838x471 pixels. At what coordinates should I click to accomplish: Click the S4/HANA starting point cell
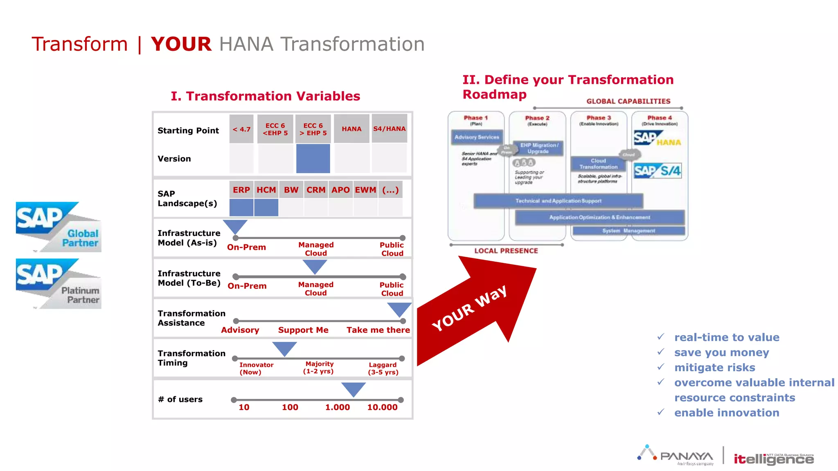point(389,129)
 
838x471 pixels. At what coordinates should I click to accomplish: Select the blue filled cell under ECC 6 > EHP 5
point(313,158)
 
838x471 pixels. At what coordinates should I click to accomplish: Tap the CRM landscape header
point(316,190)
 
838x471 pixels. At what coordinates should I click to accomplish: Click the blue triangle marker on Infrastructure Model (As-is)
point(235,226)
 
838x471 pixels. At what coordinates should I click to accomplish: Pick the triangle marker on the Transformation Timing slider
point(284,348)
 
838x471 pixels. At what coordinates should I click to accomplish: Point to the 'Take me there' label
point(378,330)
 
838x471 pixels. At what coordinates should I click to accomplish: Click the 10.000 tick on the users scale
point(382,407)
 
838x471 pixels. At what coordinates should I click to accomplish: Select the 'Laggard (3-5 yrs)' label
point(383,368)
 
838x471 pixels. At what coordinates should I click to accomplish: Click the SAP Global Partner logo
point(59,227)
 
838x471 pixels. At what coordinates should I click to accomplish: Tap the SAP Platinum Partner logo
point(59,283)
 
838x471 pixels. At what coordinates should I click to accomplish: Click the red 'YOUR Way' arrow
point(475,311)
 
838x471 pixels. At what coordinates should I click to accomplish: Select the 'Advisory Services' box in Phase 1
point(477,137)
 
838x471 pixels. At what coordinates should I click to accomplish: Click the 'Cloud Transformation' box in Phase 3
point(598,164)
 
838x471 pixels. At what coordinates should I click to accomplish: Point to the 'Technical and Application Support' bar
point(558,201)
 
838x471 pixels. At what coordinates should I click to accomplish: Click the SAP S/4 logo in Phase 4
point(658,170)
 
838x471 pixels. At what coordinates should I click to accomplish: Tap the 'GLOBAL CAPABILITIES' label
point(628,101)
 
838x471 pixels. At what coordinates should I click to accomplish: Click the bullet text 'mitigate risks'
point(714,368)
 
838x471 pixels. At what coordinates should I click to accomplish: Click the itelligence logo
point(773,459)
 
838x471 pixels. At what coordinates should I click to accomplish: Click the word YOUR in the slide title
point(181,44)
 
